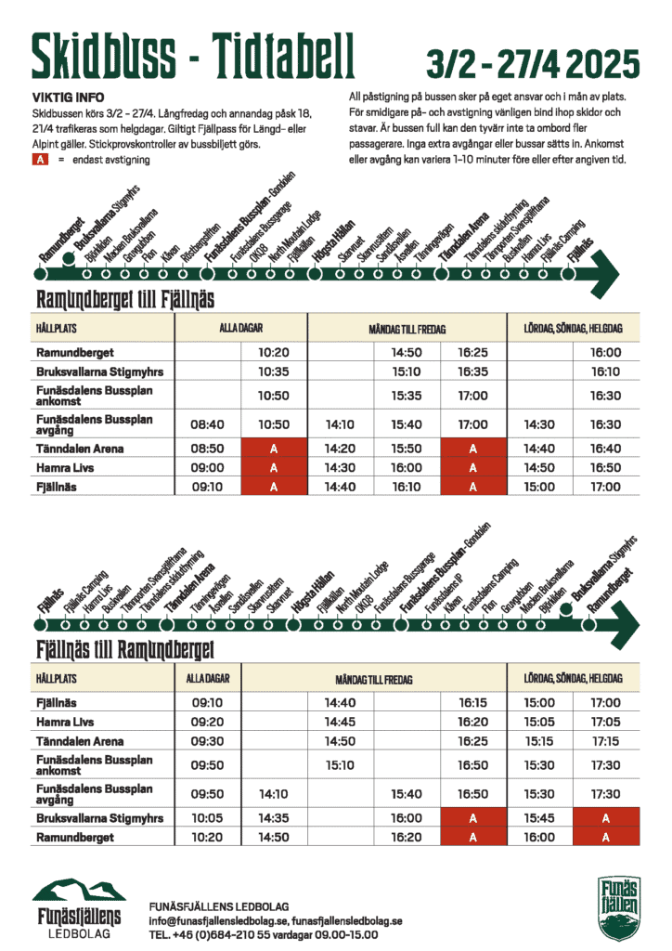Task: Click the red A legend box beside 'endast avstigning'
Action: (40, 160)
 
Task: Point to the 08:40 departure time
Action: (208, 424)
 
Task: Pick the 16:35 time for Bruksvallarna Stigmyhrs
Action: (472, 371)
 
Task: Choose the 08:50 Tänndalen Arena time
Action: (208, 449)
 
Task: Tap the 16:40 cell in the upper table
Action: (605, 449)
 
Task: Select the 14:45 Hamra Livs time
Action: (341, 722)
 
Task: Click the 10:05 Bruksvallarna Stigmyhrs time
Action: (208, 818)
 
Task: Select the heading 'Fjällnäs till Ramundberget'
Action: (125, 649)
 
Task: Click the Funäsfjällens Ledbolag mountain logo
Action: (79, 908)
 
